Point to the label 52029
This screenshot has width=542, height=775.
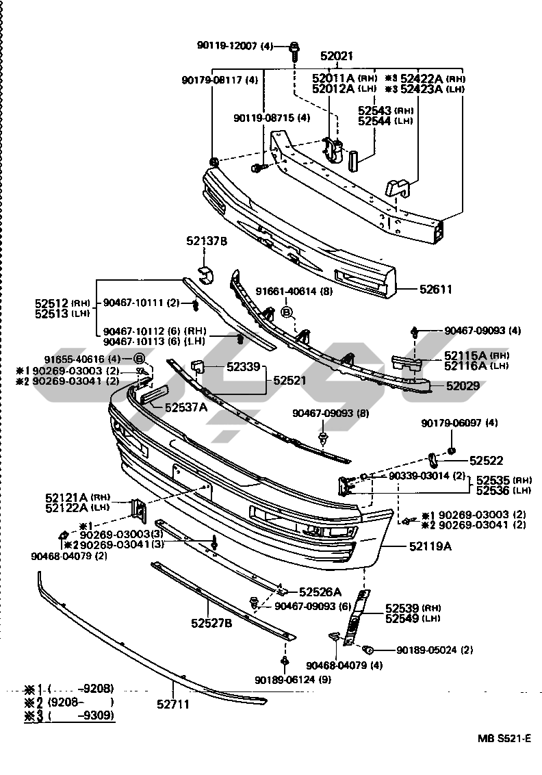463,386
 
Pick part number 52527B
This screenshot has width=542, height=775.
211,623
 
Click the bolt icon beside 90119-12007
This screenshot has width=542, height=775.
294,47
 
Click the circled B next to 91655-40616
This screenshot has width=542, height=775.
139,359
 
